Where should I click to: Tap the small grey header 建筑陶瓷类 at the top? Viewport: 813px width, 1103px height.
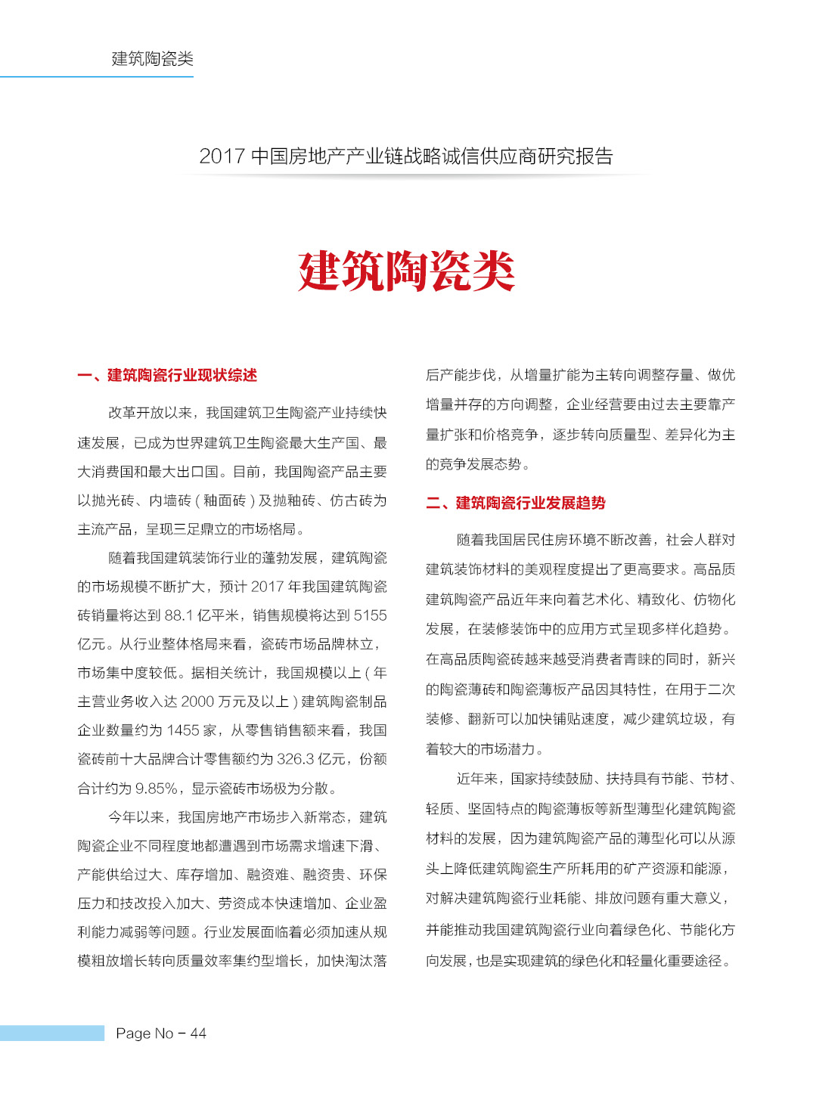pos(152,59)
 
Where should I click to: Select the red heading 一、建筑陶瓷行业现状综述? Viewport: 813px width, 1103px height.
pos(167,375)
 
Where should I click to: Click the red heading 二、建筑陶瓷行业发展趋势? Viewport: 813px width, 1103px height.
pos(516,503)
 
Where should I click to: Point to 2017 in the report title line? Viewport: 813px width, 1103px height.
pos(222,156)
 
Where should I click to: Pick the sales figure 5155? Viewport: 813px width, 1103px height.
pos(370,615)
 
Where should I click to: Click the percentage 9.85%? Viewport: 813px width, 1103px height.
pos(156,789)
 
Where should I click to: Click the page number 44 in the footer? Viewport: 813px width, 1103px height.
pos(198,1033)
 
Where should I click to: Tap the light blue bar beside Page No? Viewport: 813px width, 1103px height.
pos(51,1033)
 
